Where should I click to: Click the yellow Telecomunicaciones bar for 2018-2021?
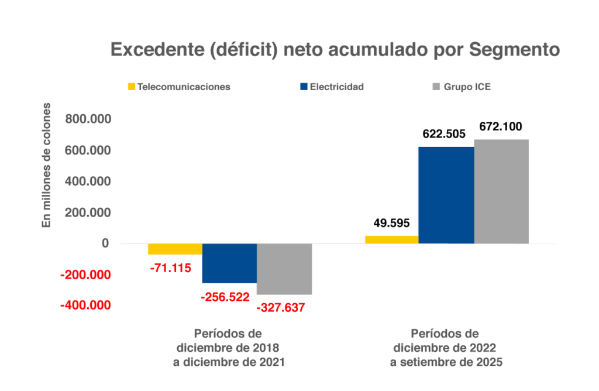(175, 249)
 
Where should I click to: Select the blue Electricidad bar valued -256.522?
(229, 263)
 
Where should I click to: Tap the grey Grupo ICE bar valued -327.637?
(284, 269)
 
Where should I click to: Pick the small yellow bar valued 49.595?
(392, 239)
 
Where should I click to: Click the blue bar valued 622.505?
(446, 195)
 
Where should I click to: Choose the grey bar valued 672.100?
(501, 191)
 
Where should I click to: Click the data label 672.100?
(501, 126)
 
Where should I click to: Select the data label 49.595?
(391, 222)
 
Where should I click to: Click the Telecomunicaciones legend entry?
(179, 87)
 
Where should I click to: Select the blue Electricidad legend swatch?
(303, 87)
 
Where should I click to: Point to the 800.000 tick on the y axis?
(89, 119)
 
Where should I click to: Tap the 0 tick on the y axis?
(105, 243)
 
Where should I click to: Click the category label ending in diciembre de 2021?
(229, 348)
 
